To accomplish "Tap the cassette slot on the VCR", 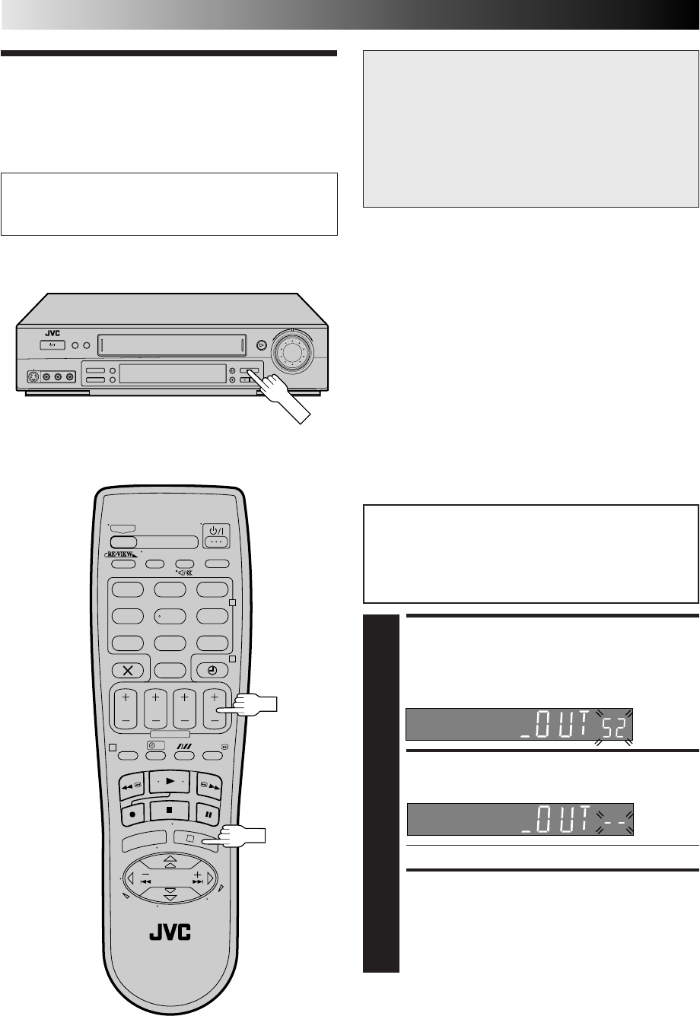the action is [172, 347].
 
